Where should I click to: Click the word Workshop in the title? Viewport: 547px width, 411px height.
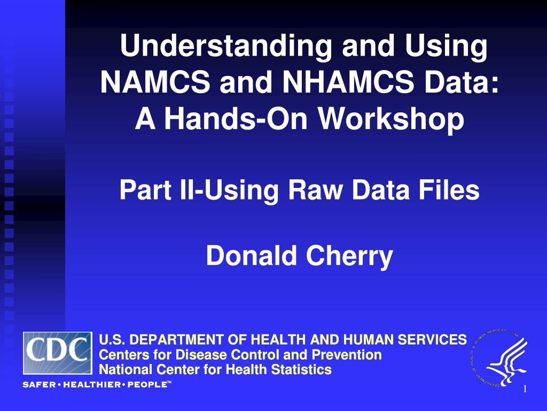click(391, 118)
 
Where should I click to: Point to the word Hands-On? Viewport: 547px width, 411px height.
click(236, 118)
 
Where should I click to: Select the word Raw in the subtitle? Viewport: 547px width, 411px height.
click(315, 190)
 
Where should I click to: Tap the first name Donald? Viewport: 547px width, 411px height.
click(251, 255)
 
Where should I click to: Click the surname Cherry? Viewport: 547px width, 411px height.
click(349, 256)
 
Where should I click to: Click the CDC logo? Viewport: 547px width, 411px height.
click(58, 353)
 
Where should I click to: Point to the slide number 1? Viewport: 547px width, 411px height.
click(525, 389)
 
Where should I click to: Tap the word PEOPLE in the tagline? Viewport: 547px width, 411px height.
click(147, 385)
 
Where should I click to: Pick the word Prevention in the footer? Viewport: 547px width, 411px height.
click(347, 355)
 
